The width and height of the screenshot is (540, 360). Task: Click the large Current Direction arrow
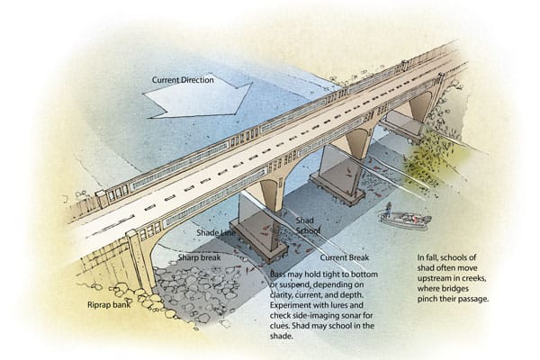click(198, 96)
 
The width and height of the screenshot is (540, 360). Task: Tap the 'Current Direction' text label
click(183, 80)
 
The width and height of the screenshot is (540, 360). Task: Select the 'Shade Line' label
click(216, 232)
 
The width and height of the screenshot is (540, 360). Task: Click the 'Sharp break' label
click(200, 257)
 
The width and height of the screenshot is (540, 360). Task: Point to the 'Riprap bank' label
click(109, 305)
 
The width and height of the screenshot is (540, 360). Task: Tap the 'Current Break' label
click(345, 257)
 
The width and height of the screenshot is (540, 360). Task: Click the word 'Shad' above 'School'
click(305, 220)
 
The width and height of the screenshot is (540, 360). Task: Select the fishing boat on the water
click(405, 220)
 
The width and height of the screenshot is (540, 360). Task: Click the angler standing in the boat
click(388, 210)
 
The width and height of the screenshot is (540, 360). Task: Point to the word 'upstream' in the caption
click(435, 278)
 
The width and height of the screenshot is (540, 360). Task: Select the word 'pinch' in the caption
click(427, 299)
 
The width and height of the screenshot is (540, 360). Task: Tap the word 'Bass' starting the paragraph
click(277, 274)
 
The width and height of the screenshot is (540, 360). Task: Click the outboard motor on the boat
click(427, 219)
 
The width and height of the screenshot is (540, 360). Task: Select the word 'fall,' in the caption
click(432, 257)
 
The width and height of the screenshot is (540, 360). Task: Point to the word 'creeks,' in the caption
click(474, 278)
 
